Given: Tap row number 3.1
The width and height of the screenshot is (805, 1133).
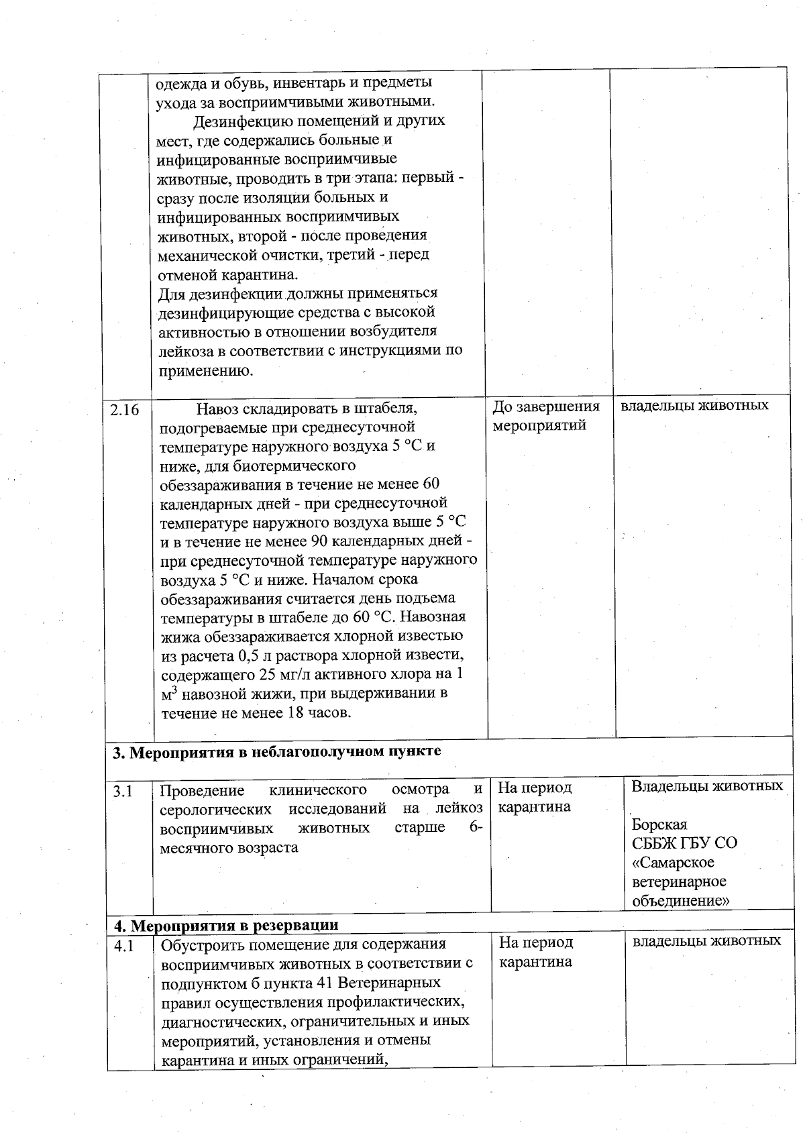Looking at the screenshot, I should [x=123, y=792].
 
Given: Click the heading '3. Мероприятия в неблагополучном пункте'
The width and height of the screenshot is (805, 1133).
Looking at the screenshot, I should [x=276, y=751].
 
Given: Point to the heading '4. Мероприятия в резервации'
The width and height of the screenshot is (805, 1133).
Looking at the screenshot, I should [x=225, y=926].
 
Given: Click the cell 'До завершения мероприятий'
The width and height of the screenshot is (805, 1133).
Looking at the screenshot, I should [x=545, y=416].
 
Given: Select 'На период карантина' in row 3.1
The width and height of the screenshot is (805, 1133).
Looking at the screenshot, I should [x=535, y=797].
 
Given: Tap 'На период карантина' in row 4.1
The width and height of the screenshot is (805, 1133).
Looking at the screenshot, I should [x=535, y=952].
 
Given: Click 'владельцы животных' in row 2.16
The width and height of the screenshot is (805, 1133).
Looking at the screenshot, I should [x=694, y=406].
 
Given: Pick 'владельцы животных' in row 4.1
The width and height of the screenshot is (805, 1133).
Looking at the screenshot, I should [x=707, y=940].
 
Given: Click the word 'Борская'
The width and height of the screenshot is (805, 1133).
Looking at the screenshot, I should [x=659, y=824].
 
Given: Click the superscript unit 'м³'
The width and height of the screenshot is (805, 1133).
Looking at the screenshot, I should [x=168, y=694].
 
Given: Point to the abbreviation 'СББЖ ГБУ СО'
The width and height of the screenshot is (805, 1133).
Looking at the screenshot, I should [x=684, y=843].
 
